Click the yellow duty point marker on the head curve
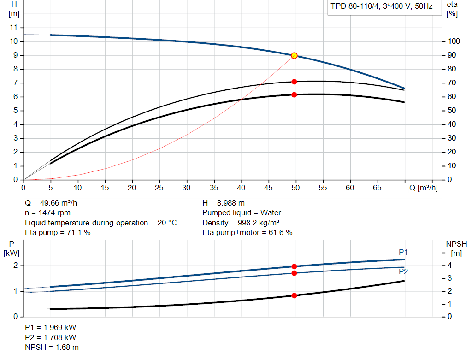tap(295, 55)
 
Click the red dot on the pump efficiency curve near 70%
tap(295, 82)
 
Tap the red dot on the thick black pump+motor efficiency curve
tap(295, 95)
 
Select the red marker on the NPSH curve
tap(295, 295)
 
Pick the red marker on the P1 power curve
tap(295, 266)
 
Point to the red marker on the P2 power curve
tap(295, 273)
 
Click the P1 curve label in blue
tap(403, 252)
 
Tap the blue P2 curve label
tap(403, 271)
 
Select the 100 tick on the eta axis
tap(454, 41)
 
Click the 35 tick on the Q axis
tap(214, 188)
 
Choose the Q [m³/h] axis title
tap(423, 188)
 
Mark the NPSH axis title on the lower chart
tap(456, 244)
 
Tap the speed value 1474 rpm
tap(54, 213)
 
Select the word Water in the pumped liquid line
tap(271, 213)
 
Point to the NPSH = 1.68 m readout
tap(52, 348)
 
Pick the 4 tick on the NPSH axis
tap(449, 265)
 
